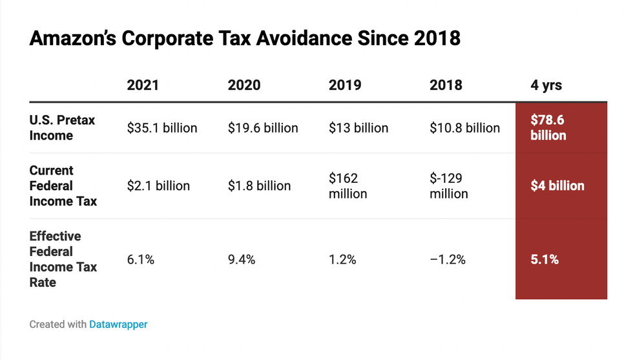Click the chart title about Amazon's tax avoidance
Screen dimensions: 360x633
(x=245, y=38)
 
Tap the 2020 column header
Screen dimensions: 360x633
(x=245, y=85)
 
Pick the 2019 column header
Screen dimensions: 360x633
(x=346, y=85)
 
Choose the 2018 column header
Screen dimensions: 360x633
(x=446, y=85)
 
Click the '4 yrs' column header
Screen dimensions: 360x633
(x=546, y=85)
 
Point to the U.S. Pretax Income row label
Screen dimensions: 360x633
(x=62, y=128)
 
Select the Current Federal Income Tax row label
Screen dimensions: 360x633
(x=63, y=186)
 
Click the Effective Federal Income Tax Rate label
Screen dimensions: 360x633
(x=63, y=259)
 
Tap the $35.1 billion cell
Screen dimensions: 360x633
(x=162, y=128)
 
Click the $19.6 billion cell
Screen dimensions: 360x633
(x=263, y=128)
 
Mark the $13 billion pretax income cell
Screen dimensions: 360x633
(x=358, y=128)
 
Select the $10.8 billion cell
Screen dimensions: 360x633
(x=464, y=128)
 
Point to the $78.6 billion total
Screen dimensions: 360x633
(x=548, y=128)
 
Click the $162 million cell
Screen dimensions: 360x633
(x=348, y=186)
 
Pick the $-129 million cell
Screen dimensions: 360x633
(x=449, y=186)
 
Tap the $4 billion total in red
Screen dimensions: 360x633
(x=557, y=186)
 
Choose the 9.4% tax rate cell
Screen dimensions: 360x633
(x=242, y=260)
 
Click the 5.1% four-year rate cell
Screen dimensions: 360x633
(x=545, y=260)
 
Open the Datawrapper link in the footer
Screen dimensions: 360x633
(x=118, y=324)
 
